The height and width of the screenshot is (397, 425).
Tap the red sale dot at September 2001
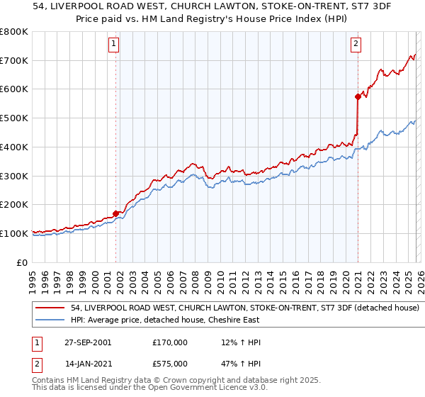[115, 213]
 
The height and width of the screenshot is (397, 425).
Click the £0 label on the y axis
[21, 262]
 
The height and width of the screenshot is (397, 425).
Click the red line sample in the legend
[50, 308]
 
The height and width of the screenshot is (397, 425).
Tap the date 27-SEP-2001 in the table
[87, 342]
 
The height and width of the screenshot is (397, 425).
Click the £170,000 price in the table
[170, 342]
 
